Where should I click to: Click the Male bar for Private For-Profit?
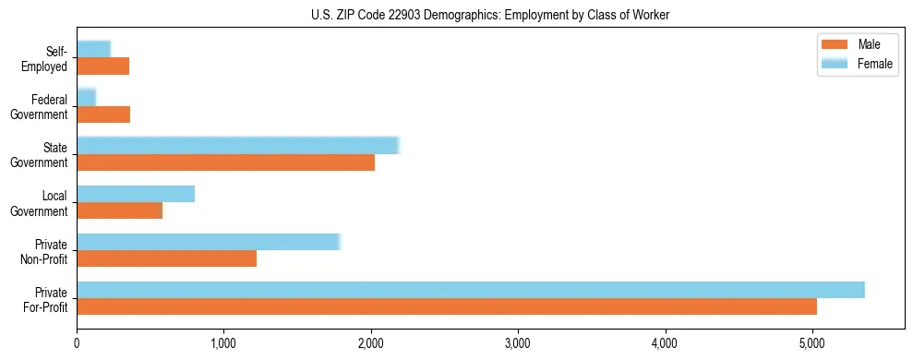(447, 306)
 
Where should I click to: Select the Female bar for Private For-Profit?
(471, 290)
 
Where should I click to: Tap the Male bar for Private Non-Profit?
(167, 258)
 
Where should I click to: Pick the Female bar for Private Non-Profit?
(209, 242)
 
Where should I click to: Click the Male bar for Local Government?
(120, 210)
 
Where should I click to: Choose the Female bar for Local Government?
(136, 194)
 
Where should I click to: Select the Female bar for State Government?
(237, 146)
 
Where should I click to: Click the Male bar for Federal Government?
(103, 114)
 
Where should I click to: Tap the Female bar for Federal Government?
(87, 98)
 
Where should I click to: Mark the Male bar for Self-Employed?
(103, 66)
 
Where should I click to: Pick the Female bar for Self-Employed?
(94, 50)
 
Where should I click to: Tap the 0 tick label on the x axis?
(78, 343)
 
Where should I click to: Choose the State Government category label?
(46, 155)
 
